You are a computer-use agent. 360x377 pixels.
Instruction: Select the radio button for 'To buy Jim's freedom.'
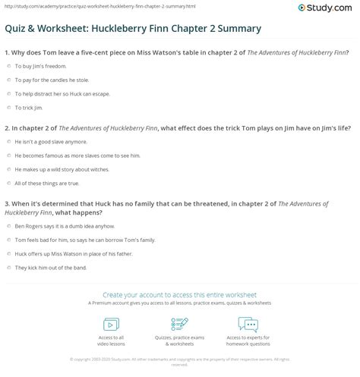(8, 67)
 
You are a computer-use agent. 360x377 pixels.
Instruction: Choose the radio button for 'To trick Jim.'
(8, 108)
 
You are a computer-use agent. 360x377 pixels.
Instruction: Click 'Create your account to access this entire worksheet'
(179, 293)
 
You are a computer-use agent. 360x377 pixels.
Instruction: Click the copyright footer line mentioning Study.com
(179, 360)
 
